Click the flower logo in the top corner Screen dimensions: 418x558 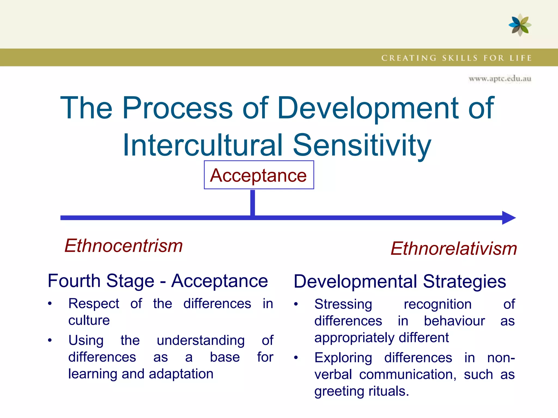click(x=520, y=25)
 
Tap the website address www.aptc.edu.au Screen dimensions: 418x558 click(x=500, y=79)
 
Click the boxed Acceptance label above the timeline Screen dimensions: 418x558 click(x=259, y=175)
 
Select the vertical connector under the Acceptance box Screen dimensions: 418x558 click(x=253, y=203)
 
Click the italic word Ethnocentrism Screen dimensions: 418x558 click(x=123, y=246)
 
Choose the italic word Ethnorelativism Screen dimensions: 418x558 click(x=454, y=249)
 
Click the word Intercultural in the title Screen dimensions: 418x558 click(x=203, y=145)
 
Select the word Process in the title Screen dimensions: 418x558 click(x=177, y=108)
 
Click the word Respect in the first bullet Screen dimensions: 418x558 click(x=93, y=304)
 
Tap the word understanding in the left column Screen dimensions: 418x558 click(x=201, y=340)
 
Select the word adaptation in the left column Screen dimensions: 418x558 click(x=181, y=374)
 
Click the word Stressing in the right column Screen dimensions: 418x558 click(x=343, y=304)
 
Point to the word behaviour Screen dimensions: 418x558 click(x=454, y=321)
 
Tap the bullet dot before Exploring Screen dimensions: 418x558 click(x=296, y=358)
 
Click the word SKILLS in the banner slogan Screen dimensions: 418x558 click(x=460, y=58)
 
